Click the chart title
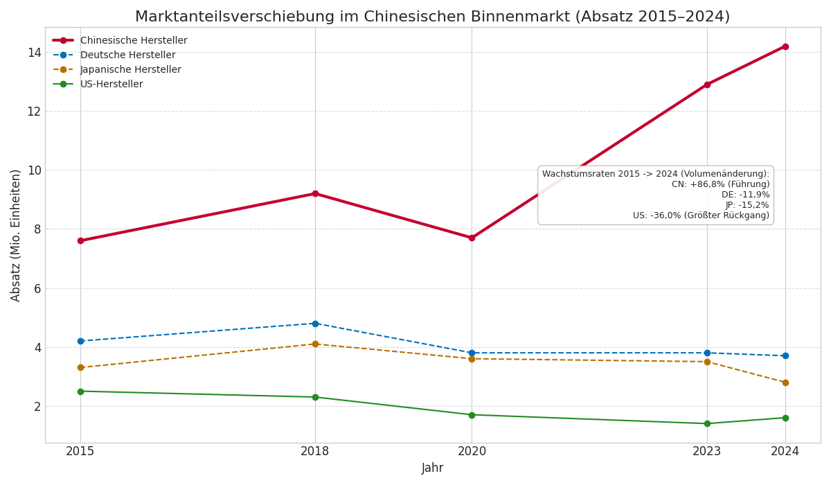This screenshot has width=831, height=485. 432,17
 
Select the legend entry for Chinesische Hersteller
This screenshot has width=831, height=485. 134,41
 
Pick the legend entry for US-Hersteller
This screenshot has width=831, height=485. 111,85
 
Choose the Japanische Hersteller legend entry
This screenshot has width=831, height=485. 130,70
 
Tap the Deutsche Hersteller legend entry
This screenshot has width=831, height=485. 127,55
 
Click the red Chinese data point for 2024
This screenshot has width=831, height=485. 785,46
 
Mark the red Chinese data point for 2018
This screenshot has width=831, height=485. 315,193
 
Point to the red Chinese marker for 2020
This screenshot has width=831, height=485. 472,238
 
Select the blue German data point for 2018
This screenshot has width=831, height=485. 315,324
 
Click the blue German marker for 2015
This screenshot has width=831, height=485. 80,341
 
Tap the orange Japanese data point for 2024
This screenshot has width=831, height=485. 785,382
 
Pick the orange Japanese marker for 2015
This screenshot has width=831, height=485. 80,367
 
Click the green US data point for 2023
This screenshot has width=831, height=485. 707,423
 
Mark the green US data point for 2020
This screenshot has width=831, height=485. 472,415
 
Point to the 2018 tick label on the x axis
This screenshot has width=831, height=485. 315,452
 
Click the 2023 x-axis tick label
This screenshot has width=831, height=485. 707,452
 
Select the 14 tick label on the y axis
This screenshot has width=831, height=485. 34,53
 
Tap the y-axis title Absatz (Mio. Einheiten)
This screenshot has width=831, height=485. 16,235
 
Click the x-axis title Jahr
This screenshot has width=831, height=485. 432,468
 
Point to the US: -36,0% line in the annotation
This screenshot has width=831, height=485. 701,215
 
